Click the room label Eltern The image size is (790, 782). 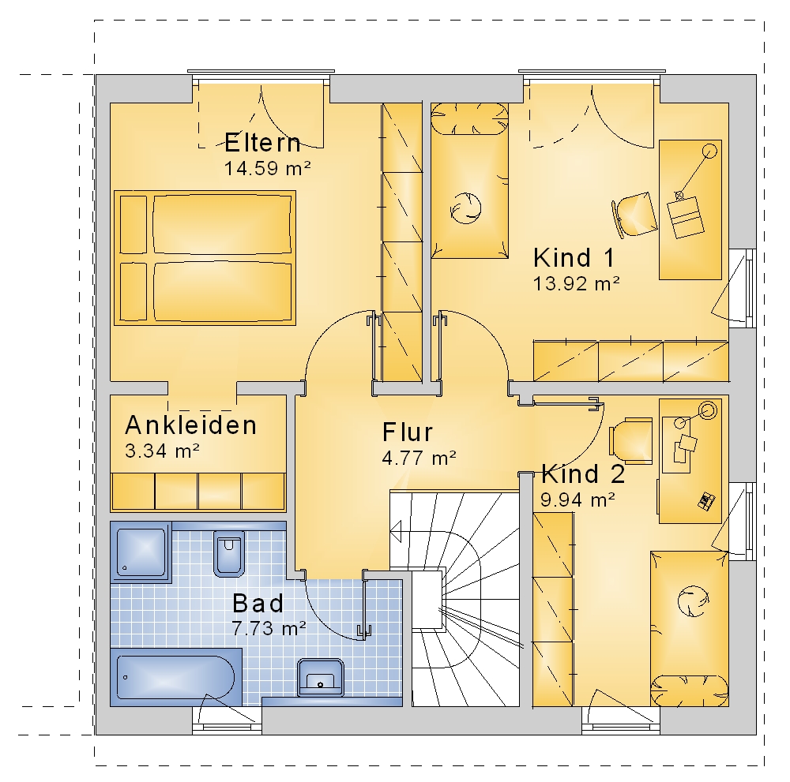click(262, 142)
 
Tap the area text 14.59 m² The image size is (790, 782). click(267, 168)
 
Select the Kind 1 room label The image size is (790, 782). click(574, 258)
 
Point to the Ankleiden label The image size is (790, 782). click(191, 425)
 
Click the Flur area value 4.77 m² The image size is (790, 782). click(419, 458)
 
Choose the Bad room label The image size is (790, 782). click(258, 604)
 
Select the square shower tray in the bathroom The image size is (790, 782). click(141, 552)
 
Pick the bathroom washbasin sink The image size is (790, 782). click(321, 677)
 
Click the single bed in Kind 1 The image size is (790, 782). click(469, 181)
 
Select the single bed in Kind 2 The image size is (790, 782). click(689, 628)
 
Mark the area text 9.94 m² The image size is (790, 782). click(577, 500)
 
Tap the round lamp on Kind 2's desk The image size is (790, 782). click(708, 410)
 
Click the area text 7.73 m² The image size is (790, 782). click(269, 628)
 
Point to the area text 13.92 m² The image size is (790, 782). click(577, 284)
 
